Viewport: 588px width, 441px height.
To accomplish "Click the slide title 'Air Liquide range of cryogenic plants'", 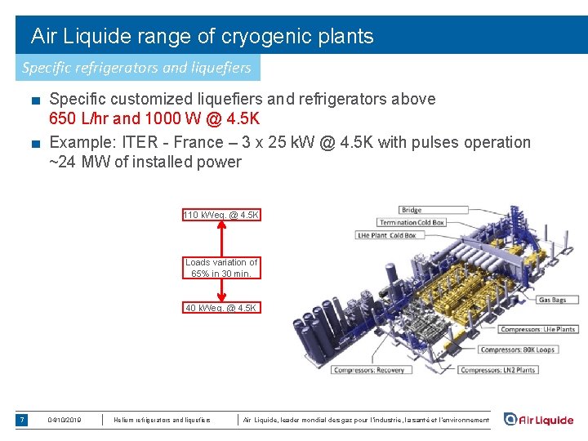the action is coord(202,36).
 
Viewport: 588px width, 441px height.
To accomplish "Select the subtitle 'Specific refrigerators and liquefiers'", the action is coord(136,67).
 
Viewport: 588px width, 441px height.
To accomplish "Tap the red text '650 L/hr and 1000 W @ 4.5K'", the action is coord(154,119).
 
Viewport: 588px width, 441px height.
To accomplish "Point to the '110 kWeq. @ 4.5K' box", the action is coord(220,215).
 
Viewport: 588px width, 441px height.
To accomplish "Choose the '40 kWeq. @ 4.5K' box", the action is coord(220,308).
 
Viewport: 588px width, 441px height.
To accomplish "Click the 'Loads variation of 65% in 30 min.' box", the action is coord(221,268).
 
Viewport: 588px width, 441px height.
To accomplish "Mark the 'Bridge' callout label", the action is coord(411,211).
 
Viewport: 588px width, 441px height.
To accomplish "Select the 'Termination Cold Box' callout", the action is coord(412,223).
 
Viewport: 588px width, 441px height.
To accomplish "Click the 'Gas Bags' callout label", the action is coord(552,300).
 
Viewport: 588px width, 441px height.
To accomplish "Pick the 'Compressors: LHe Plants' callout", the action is coord(537,330).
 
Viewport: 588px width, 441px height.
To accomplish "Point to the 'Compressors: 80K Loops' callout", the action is coord(517,350).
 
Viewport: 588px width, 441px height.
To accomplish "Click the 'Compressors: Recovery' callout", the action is coord(368,370).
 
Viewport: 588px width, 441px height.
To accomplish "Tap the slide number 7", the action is coord(22,420).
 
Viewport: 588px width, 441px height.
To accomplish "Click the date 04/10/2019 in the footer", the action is coord(65,420).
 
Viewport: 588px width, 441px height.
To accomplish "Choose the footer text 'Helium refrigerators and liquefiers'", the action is coord(162,420).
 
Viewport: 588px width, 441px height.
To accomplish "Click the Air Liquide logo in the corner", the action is coord(538,420).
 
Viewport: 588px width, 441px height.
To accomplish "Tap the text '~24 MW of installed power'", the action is coord(145,162).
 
